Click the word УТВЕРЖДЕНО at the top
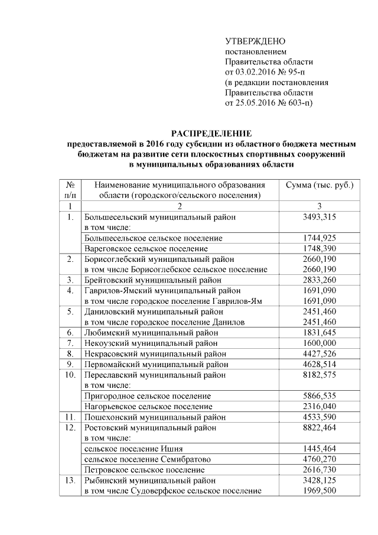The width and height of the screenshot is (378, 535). pos(255,41)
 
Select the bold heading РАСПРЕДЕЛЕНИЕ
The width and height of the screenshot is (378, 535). pos(211,134)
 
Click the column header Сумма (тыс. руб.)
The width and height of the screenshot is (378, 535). pos(319,185)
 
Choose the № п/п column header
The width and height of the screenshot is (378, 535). pos(70,190)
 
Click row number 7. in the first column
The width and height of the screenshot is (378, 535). pos(70,343)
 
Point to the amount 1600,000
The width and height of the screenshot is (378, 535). pos(319,343)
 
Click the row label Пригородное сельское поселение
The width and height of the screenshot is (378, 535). pos(148,395)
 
